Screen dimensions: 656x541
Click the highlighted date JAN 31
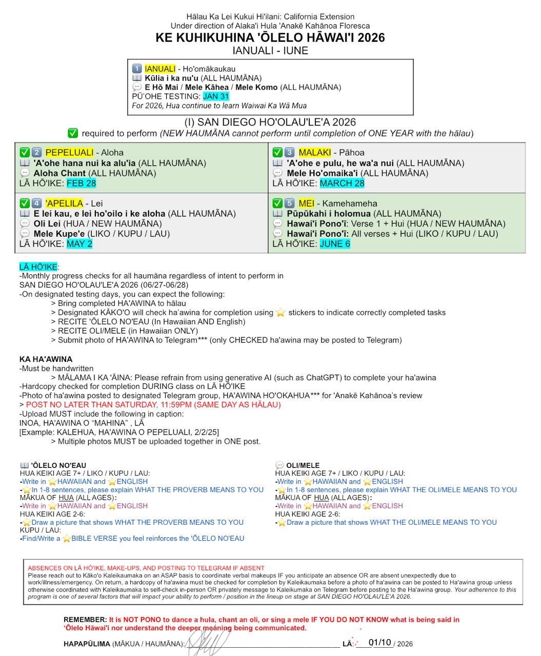(x=216, y=96)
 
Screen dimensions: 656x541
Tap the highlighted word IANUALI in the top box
(x=160, y=69)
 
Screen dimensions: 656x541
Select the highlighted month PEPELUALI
(x=69, y=152)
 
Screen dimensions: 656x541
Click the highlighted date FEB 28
(x=81, y=183)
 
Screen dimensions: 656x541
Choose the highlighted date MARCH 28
(x=342, y=183)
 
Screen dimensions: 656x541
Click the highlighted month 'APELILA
(x=64, y=203)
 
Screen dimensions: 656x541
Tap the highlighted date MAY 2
(x=79, y=243)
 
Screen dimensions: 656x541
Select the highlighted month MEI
(x=306, y=203)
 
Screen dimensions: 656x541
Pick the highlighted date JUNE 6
(x=335, y=243)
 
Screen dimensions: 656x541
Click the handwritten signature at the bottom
(x=210, y=641)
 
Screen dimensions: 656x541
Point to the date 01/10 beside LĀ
(x=379, y=643)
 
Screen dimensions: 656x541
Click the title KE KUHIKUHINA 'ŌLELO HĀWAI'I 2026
(x=270, y=37)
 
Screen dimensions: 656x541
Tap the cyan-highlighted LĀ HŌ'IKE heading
(x=38, y=266)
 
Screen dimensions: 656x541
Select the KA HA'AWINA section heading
(x=46, y=359)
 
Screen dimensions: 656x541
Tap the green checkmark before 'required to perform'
(x=73, y=133)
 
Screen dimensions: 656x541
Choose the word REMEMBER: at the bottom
(x=85, y=620)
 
